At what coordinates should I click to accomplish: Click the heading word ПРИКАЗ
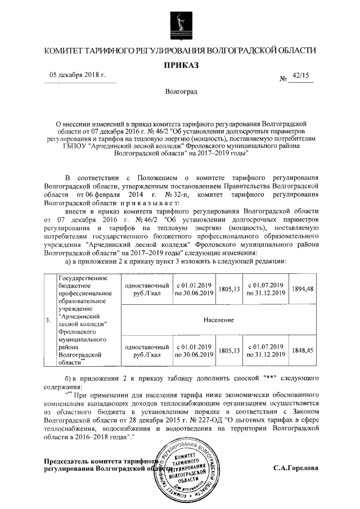tap(181, 65)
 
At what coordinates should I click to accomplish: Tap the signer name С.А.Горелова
tap(296, 468)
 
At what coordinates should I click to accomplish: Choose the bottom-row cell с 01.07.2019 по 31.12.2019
tap(265, 350)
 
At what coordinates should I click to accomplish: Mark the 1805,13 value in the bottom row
tap(229, 350)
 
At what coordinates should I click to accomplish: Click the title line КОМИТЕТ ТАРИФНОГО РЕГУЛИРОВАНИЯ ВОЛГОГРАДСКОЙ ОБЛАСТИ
tap(181, 51)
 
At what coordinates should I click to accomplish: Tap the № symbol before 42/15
tap(283, 79)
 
